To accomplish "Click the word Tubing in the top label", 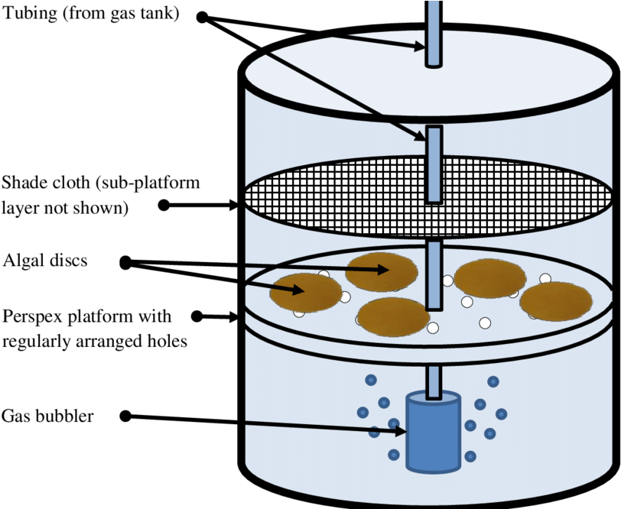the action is tap(30, 14).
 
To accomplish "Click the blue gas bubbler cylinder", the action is tap(434, 432).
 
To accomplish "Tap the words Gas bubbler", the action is tap(47, 416).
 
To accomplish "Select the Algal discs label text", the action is tap(45, 261).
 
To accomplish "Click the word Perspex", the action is tap(28, 317).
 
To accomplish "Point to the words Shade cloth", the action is tap(46, 183).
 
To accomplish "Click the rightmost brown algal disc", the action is tap(556, 301).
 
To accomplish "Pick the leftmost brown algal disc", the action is tap(306, 293).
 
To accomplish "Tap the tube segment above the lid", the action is tap(434, 34).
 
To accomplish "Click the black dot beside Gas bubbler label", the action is tap(125, 416).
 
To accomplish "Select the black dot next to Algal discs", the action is tap(125, 262).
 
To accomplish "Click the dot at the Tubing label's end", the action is tap(203, 17).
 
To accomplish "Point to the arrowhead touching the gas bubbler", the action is tap(401, 431).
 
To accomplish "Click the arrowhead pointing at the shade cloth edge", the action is tap(231, 205).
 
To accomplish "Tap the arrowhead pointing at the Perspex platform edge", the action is tap(231, 316).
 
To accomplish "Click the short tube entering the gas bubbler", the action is tap(434, 382).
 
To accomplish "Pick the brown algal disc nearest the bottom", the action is tap(394, 317).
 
